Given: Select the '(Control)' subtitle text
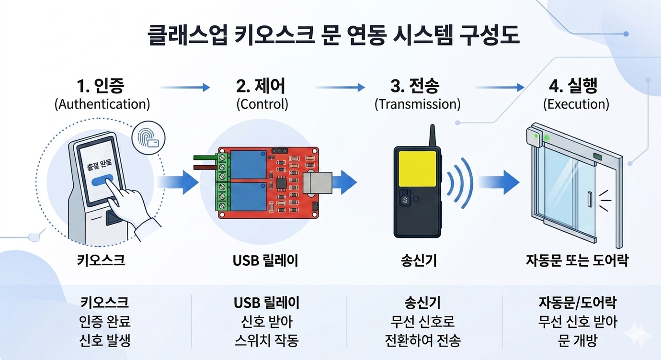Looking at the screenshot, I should click(x=262, y=104).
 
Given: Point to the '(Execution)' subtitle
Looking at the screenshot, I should click(x=576, y=104).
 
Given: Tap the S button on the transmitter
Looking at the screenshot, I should click(x=405, y=200).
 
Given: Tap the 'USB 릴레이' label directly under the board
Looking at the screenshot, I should click(x=265, y=260).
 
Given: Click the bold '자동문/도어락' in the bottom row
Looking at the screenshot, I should click(x=577, y=303).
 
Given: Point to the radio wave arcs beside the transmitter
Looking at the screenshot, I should click(x=459, y=182).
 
